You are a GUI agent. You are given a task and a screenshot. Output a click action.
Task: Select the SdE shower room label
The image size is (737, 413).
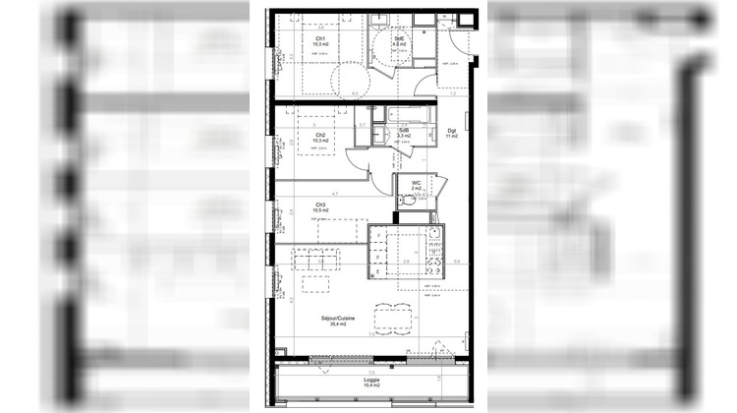click(x=398, y=38)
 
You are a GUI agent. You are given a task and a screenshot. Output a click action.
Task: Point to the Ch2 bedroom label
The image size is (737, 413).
click(x=320, y=136)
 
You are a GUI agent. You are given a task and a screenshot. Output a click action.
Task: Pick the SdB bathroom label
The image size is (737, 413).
click(x=404, y=130)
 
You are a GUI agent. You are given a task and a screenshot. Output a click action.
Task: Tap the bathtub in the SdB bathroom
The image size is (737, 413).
click(x=405, y=114)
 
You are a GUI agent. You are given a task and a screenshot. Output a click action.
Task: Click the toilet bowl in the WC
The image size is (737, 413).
click(x=411, y=200)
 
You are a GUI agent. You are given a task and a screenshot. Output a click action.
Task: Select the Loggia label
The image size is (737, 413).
click(x=371, y=380)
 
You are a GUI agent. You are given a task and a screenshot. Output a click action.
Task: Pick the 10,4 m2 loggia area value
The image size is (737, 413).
click(x=371, y=386)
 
